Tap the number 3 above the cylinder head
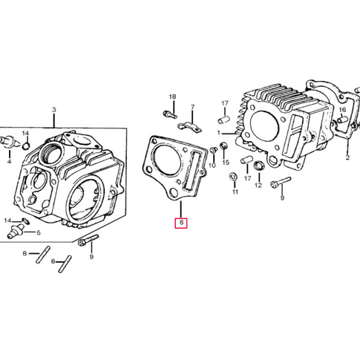(x=53, y=111)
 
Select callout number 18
(x=172, y=98)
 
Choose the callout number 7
(x=192, y=108)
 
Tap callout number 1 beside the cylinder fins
(x=220, y=133)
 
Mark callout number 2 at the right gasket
(x=347, y=158)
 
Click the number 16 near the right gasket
(x=342, y=110)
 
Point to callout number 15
(x=226, y=163)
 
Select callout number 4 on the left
(x=9, y=160)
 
